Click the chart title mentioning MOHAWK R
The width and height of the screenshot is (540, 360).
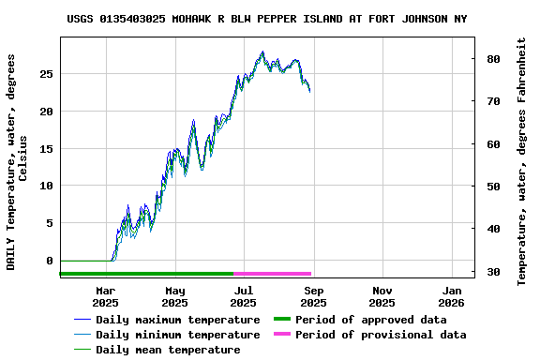coord(267,19)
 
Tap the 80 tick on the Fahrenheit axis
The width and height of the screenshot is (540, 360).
coord(492,58)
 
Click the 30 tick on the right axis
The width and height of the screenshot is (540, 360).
coord(492,272)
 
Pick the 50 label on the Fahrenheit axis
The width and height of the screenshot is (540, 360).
coord(492,187)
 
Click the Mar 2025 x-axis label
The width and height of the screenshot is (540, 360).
coord(105,296)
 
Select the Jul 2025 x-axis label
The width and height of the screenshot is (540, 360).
coord(243,296)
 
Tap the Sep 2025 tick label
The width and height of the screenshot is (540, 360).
coord(313,296)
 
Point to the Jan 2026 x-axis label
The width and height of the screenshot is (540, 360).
coord(451,296)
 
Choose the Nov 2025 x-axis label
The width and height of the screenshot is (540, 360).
coord(382,296)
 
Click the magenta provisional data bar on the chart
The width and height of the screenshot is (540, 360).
coord(272,273)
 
